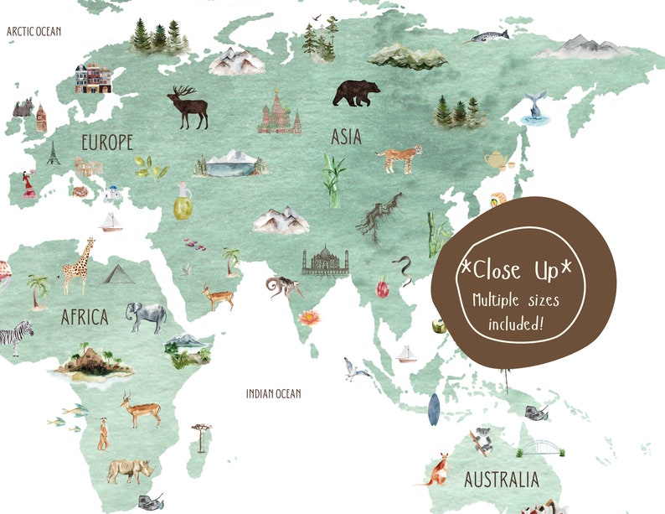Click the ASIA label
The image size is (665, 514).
pos(346,135)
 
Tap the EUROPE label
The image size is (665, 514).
pos(106,142)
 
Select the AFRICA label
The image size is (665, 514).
pos(84,317)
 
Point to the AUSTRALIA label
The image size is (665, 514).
pos(502,480)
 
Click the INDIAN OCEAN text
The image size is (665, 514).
pos(273,393)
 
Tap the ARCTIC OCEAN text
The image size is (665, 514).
pos(35,31)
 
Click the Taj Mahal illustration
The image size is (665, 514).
pos(325,261)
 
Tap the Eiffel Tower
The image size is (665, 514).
pos(54,153)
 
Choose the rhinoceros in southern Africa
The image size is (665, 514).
pos(130,470)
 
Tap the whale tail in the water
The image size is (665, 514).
pos(533,110)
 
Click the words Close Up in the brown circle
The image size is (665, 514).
pos(519,271)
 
